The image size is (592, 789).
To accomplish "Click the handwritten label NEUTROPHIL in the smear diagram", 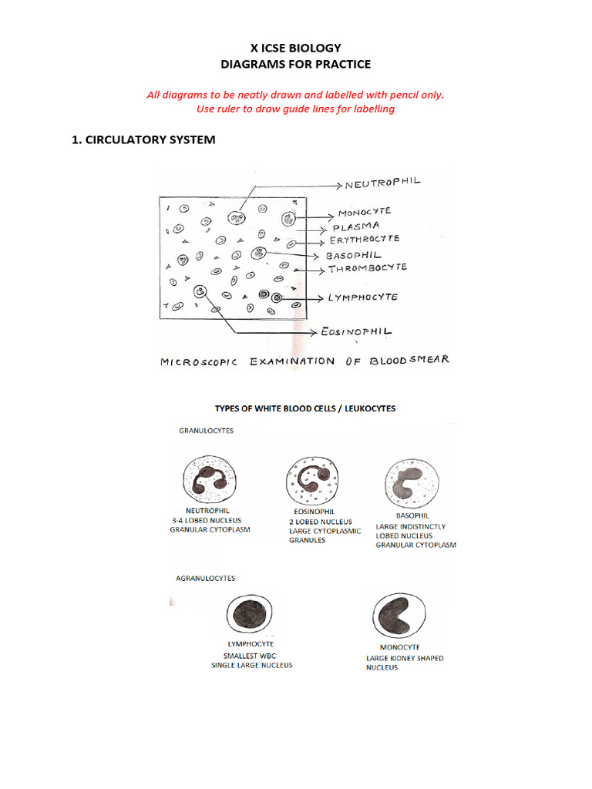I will pyautogui.click(x=383, y=184).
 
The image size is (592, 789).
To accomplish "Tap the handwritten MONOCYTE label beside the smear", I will pyautogui.click(x=365, y=212).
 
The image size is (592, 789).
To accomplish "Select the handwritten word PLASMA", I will pyautogui.click(x=355, y=227).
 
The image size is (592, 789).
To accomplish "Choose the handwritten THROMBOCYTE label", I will pyautogui.click(x=368, y=269).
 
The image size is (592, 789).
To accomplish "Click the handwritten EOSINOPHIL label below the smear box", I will pyautogui.click(x=356, y=332).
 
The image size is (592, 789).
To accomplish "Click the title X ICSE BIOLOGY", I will pyautogui.click(x=296, y=49).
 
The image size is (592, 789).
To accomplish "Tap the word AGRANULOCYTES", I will pyautogui.click(x=206, y=578).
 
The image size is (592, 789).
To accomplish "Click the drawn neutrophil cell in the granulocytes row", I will pyautogui.click(x=209, y=478).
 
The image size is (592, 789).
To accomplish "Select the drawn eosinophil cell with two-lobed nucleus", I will pyautogui.click(x=309, y=479).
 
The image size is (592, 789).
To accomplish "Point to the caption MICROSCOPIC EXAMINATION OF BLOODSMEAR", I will pyautogui.click(x=304, y=361).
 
